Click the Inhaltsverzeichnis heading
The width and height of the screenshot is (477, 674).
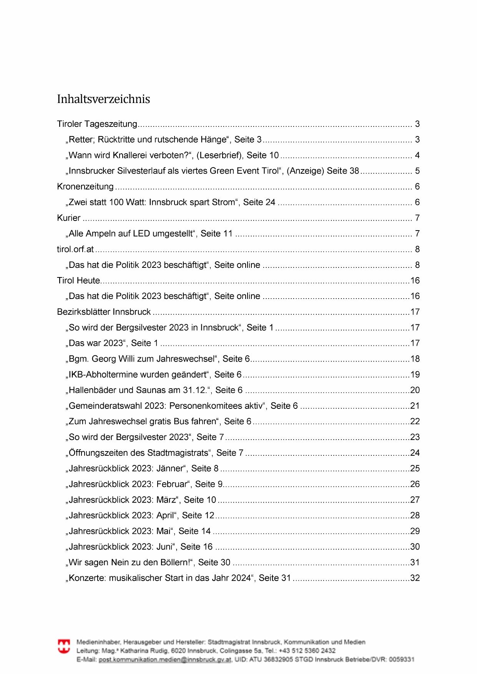(103, 99)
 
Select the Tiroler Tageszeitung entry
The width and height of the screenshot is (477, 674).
(97, 124)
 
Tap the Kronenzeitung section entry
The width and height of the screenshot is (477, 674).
(85, 187)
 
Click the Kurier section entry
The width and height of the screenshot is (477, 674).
(69, 218)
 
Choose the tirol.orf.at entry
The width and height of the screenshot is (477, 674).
(75, 249)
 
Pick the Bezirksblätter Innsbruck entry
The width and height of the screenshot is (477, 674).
(104, 312)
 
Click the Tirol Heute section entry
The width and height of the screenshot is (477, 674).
(78, 281)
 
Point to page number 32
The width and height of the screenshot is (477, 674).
(415, 578)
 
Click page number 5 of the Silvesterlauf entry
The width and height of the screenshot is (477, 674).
(417, 171)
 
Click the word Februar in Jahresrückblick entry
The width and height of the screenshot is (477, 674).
(173, 484)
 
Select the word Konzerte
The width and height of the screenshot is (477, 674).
(87, 578)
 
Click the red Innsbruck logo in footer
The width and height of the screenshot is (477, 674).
(64, 646)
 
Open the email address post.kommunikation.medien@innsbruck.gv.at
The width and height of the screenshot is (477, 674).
(165, 659)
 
